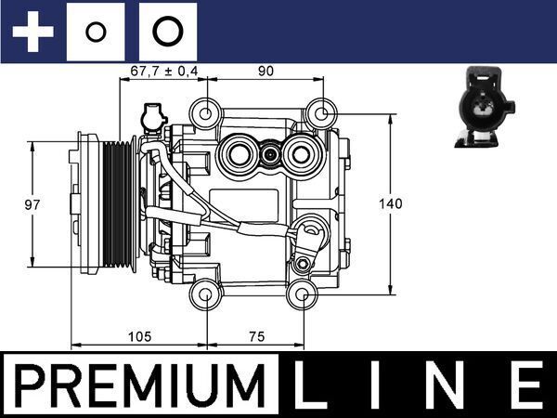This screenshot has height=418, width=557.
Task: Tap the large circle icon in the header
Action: (x=167, y=33)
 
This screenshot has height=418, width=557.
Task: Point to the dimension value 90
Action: (x=266, y=70)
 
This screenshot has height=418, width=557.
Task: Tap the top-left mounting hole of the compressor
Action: (x=203, y=113)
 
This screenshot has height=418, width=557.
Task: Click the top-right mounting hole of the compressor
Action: (x=320, y=113)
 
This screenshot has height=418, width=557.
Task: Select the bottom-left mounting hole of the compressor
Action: (x=203, y=295)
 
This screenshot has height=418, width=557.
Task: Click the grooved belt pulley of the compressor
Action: (x=119, y=203)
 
